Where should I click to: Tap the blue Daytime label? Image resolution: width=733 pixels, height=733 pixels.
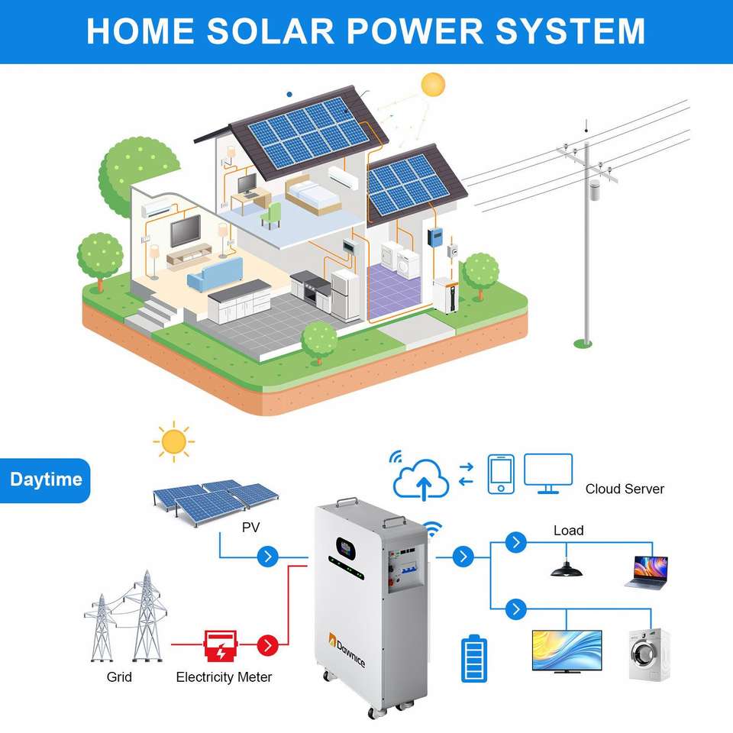click(46, 480)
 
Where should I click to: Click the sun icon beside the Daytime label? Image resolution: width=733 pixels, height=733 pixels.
click(173, 441)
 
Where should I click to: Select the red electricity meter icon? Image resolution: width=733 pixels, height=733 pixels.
click(220, 645)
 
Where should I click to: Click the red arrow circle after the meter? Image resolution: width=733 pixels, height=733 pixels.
click(266, 645)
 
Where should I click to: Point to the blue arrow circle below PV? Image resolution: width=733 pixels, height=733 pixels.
click(266, 556)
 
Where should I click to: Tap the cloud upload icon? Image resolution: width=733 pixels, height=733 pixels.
click(423, 477)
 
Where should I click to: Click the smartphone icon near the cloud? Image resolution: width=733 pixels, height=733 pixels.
click(501, 474)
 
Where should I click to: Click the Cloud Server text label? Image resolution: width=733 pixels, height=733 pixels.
click(625, 489)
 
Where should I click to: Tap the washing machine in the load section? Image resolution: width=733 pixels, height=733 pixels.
click(649, 654)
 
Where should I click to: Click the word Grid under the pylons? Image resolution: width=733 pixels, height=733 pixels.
click(119, 676)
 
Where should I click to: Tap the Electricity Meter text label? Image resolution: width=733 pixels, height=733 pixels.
click(224, 676)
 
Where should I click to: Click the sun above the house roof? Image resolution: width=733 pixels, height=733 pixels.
click(433, 84)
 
